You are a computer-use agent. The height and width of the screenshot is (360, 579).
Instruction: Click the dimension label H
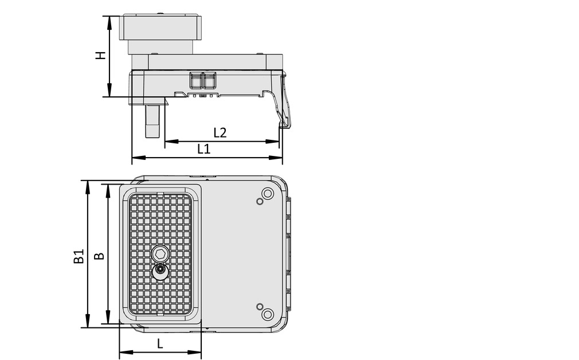pos(100,56)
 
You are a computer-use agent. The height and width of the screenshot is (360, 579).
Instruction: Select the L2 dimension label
pos(220,132)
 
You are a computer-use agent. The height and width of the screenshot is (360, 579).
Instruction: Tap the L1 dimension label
pos(204,149)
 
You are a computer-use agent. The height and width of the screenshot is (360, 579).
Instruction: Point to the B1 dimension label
pos(79,256)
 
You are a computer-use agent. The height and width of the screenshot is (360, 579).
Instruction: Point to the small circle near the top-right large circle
pos(260,202)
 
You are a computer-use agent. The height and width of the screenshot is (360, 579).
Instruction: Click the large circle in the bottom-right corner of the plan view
pos(267,314)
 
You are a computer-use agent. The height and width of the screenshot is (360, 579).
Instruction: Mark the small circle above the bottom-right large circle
pos(260,306)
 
